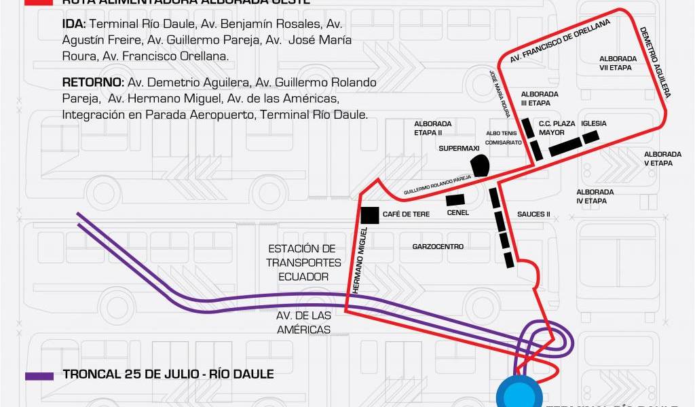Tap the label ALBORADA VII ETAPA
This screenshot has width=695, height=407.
617,63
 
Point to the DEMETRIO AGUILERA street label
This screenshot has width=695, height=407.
655,62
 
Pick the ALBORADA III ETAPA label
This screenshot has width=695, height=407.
540,98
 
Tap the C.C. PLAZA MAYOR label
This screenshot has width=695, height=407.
557,128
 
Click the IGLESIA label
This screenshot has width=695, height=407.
593,123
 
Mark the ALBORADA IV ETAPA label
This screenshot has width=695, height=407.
595,197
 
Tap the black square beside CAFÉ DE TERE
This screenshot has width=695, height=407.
370,215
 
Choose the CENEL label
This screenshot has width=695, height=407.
458,212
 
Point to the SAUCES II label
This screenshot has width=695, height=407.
533,215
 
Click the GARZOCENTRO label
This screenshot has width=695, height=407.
438,247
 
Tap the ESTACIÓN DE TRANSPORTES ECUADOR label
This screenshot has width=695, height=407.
303,263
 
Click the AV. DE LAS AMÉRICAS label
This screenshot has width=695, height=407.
303,323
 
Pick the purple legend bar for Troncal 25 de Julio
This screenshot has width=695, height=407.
39,375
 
